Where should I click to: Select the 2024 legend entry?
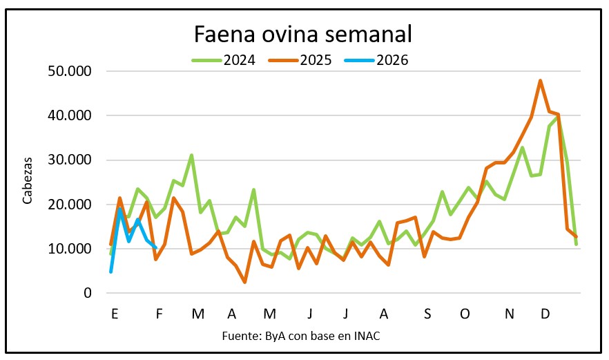pyautogui.click(x=239, y=60)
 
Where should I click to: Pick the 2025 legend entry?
pyautogui.click(x=316, y=60)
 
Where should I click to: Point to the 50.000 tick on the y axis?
pyautogui.click(x=70, y=71)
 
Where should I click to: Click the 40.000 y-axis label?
pyautogui.click(x=70, y=115)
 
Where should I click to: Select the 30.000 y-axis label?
pyautogui.click(x=70, y=160)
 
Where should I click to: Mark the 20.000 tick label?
pyautogui.click(x=70, y=205)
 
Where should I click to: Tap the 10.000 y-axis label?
pyautogui.click(x=70, y=249)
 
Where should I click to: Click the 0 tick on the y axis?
pyautogui.click(x=88, y=293)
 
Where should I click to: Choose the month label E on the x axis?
pyautogui.click(x=115, y=314)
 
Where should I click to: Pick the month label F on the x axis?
pyautogui.click(x=159, y=314)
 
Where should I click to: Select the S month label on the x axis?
pyautogui.click(x=427, y=314)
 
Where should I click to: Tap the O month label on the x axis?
pyautogui.click(x=465, y=314)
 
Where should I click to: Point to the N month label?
pyautogui.click(x=510, y=314)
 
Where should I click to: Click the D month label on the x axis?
pyautogui.click(x=545, y=314)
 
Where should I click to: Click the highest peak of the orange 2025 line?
pyautogui.click(x=540, y=81)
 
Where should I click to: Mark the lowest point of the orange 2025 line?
pyautogui.click(x=244, y=282)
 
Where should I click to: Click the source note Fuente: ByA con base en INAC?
pyautogui.click(x=300, y=336)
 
